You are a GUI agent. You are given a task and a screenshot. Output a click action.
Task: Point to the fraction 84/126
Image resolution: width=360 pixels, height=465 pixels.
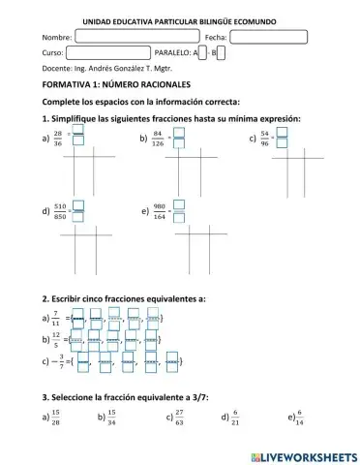[158, 139]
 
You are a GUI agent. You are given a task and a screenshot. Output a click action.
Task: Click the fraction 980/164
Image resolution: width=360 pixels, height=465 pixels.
[158, 209]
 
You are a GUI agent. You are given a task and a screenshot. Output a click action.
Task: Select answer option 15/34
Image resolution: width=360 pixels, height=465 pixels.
[112, 418]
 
